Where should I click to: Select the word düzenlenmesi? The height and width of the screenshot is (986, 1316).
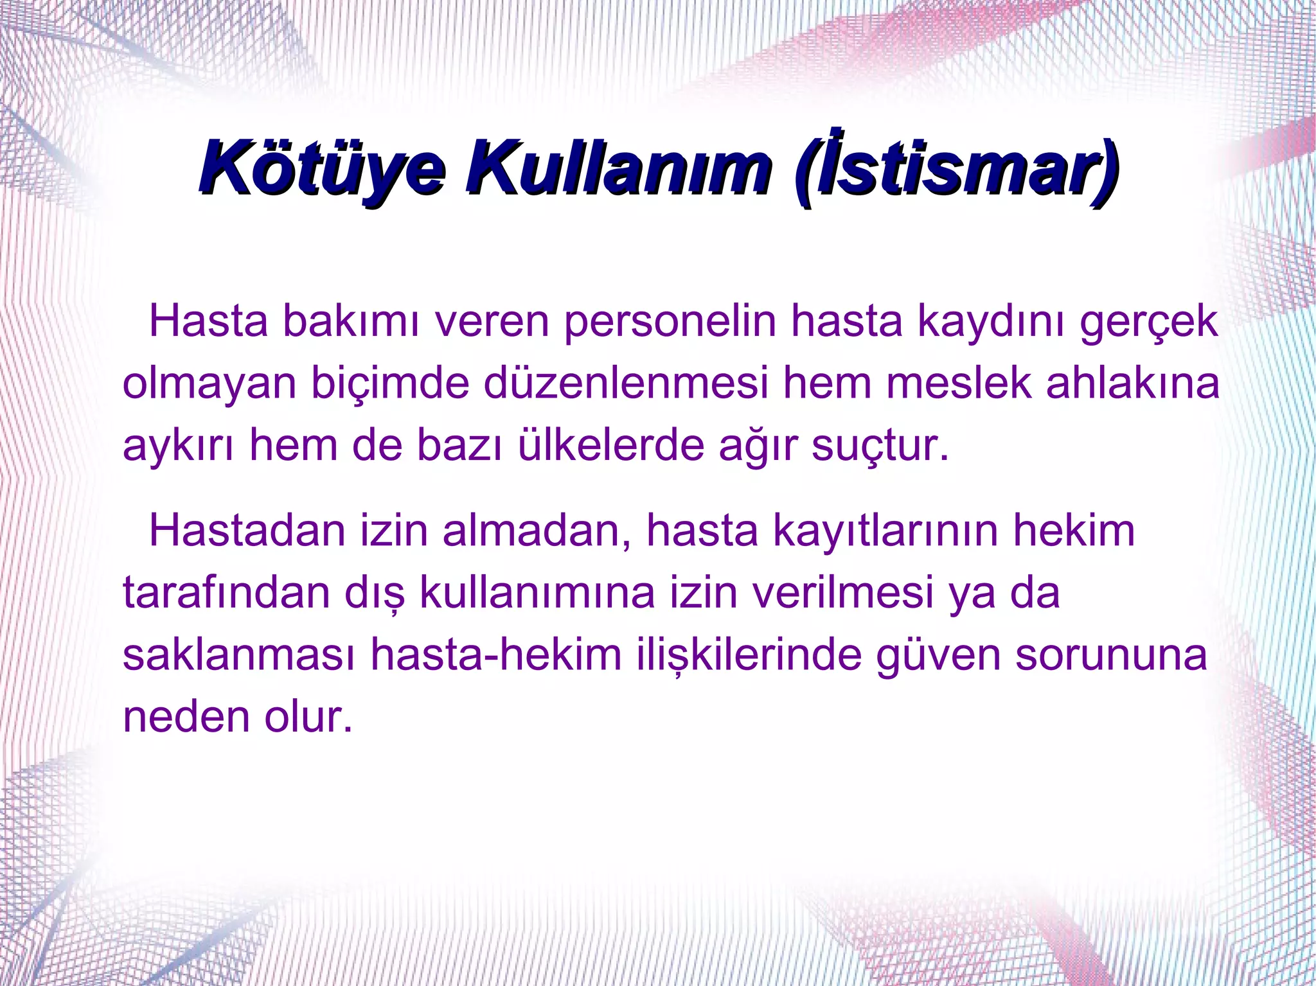coord(626,383)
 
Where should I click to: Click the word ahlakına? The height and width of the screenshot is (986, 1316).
coord(1132,383)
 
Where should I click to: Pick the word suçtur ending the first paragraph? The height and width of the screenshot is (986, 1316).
coord(879,446)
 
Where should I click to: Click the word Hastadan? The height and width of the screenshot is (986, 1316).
coord(247,531)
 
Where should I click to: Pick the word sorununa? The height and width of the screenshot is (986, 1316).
coord(1111,655)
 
